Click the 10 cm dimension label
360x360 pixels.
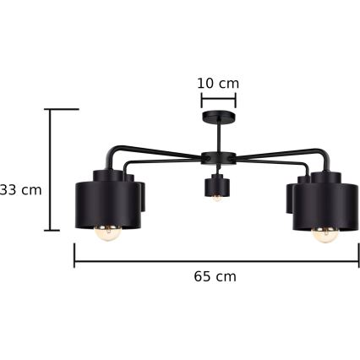(x=218, y=84)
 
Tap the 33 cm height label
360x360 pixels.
(x=20, y=190)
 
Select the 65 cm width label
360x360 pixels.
(x=215, y=276)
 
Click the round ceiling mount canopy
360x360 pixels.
(x=219, y=116)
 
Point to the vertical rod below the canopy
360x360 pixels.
(x=219, y=137)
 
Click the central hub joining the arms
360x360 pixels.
(x=218, y=158)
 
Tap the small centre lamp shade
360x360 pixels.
(x=216, y=185)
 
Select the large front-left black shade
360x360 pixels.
(x=108, y=205)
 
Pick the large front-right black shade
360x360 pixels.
(x=325, y=206)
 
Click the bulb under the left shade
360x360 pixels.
(x=108, y=233)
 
